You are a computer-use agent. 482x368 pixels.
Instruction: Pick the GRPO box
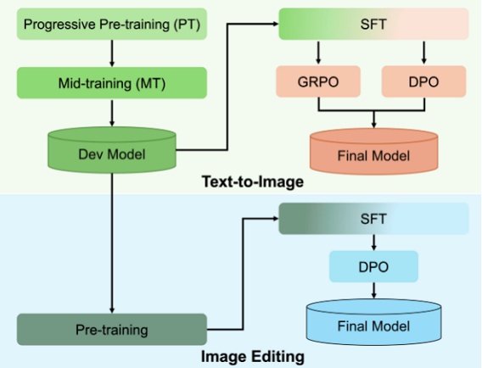[x=317, y=81]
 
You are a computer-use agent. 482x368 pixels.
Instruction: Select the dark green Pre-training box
[x=111, y=329]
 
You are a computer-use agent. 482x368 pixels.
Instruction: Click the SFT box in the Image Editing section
[x=375, y=219]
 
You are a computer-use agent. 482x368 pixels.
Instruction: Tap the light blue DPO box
[x=373, y=266]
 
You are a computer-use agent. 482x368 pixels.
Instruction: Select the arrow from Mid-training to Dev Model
[x=111, y=114]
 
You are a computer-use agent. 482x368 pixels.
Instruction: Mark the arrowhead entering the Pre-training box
[x=111, y=309]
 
